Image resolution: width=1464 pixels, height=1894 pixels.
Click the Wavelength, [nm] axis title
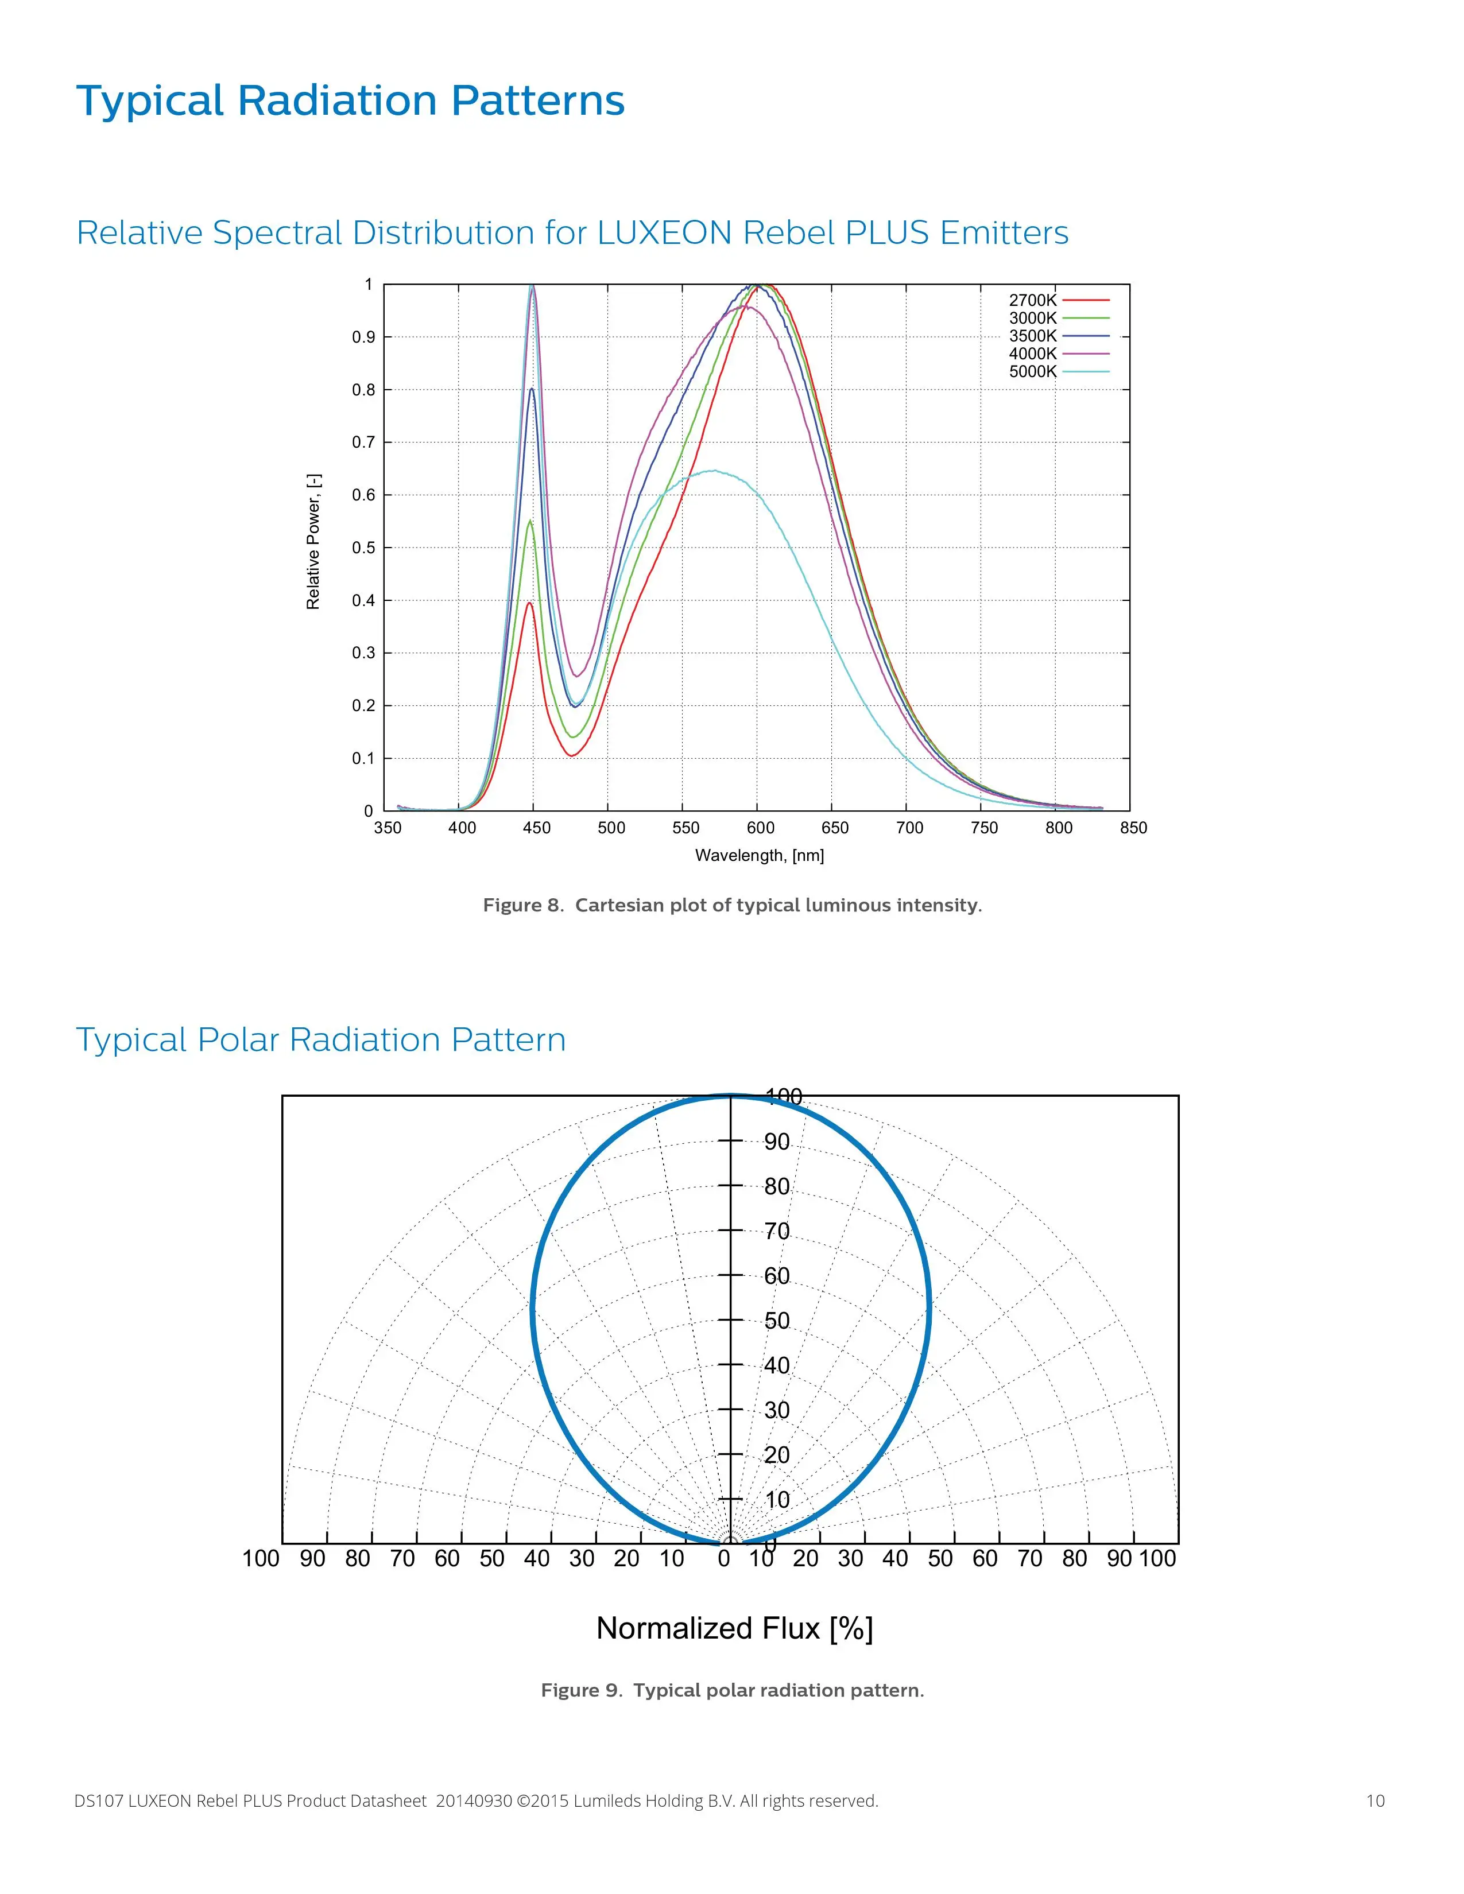coord(759,855)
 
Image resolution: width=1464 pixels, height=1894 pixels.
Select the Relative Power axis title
coord(313,541)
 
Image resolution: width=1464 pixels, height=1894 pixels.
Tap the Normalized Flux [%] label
coord(734,1628)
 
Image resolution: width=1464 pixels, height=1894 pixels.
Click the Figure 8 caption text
coord(732,905)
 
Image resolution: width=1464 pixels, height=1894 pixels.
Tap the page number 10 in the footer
coord(1374,1800)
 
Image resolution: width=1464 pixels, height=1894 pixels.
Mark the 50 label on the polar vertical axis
coord(776,1320)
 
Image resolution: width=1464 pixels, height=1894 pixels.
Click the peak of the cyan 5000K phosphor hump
coord(713,471)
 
